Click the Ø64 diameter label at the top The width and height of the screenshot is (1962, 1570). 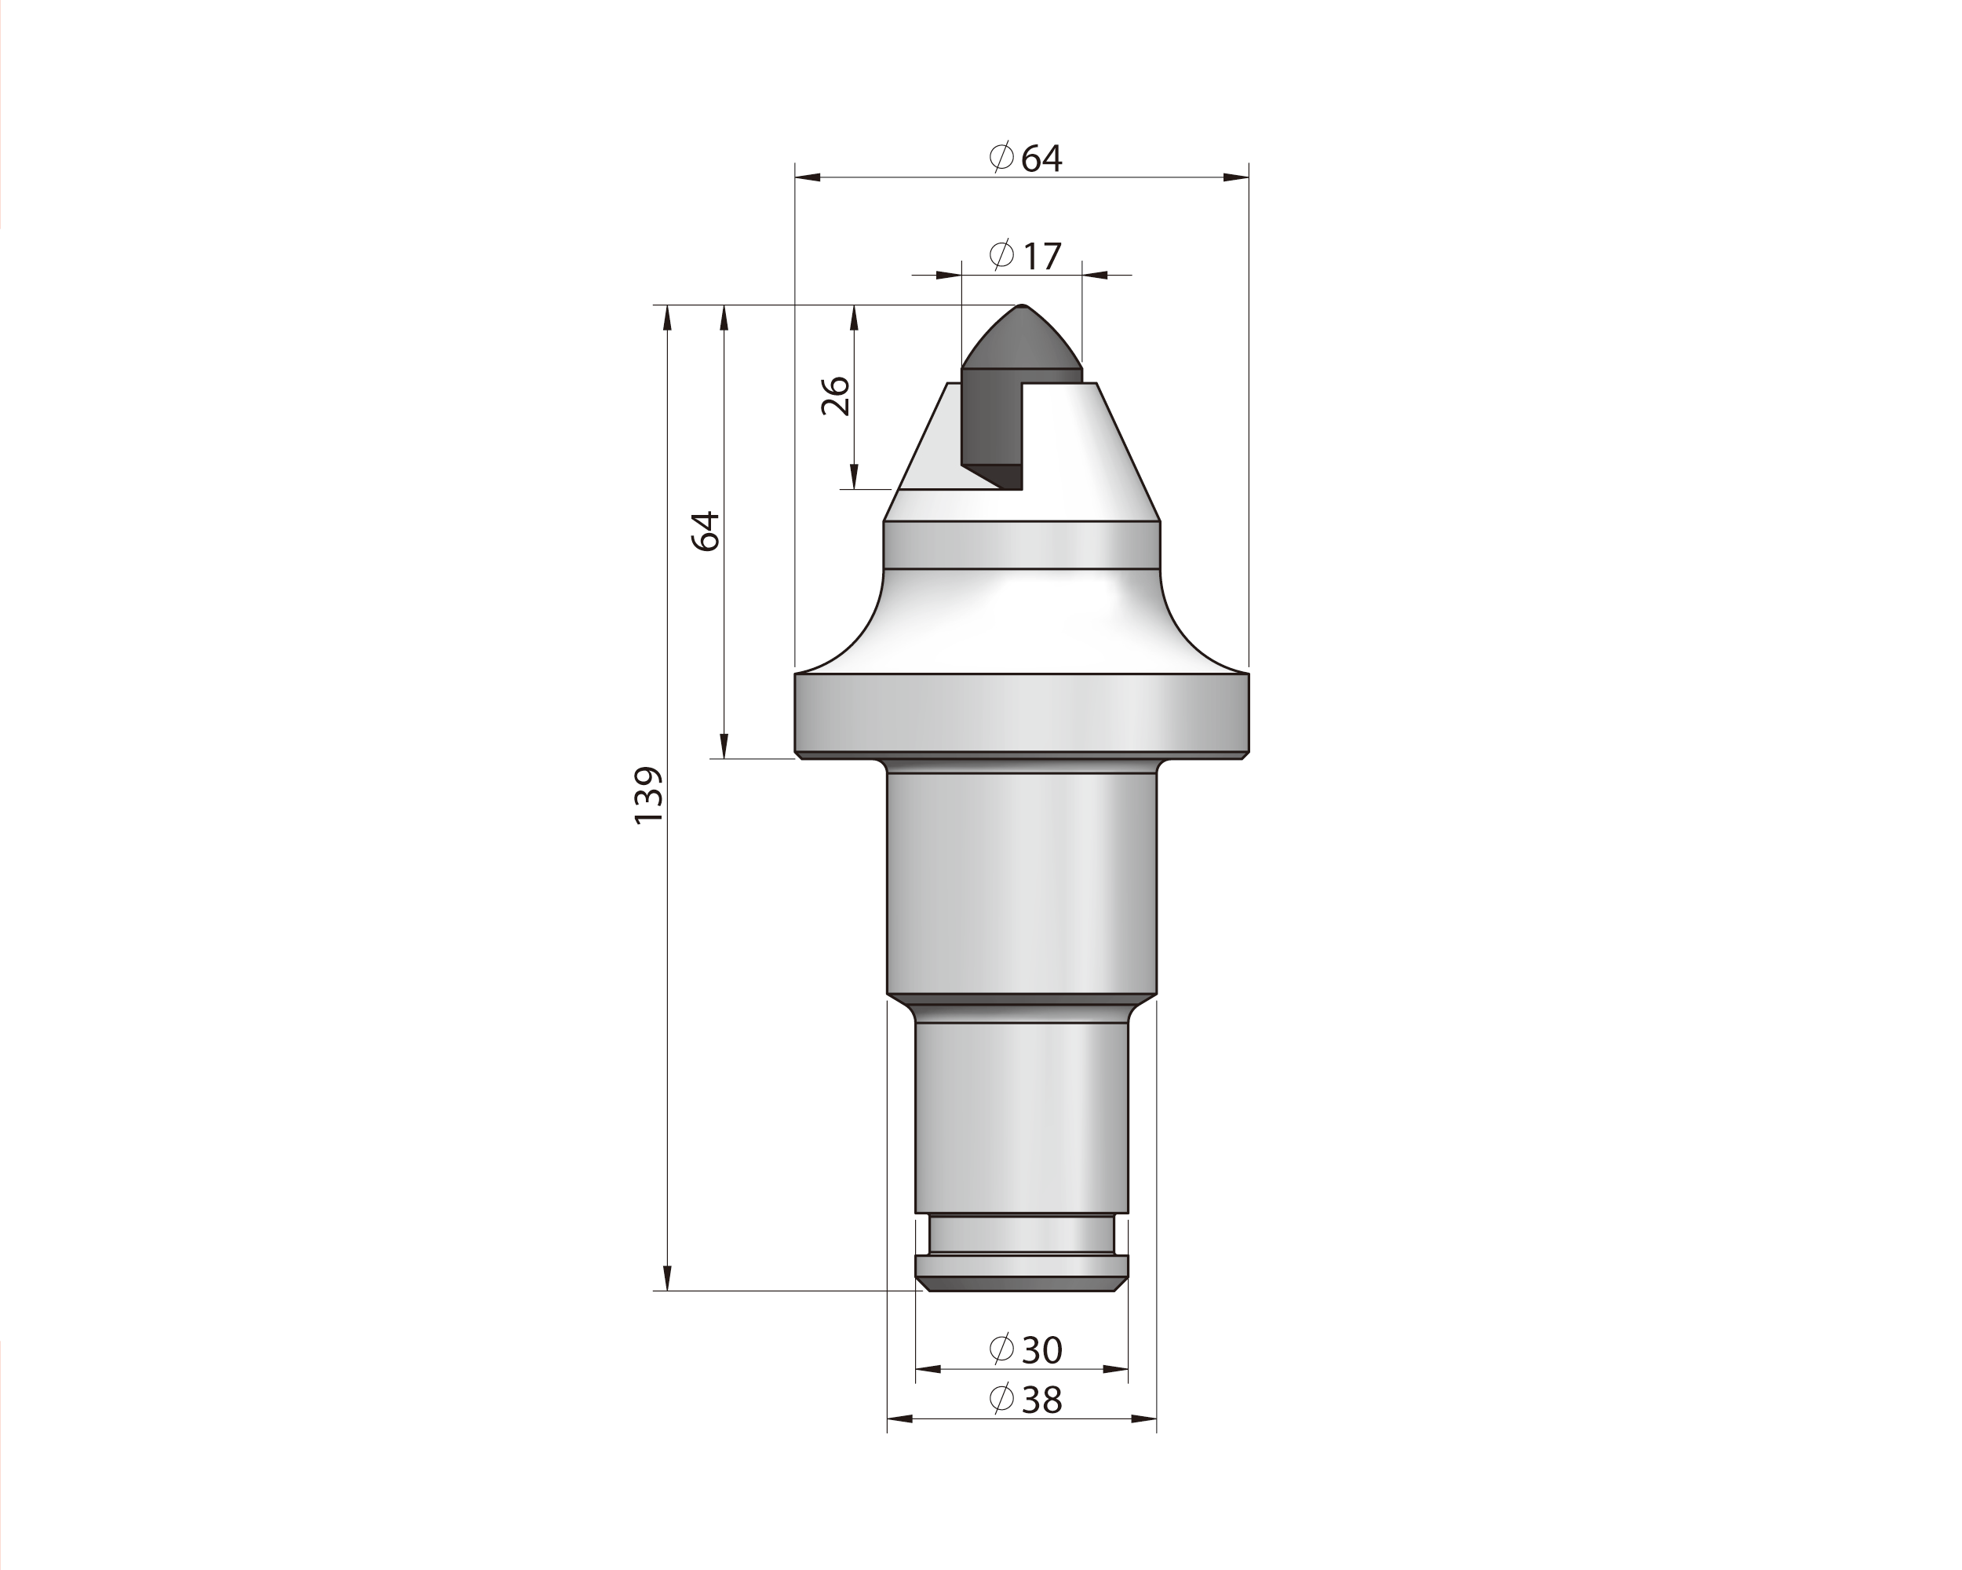tap(1026, 159)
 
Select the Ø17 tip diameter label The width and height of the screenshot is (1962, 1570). tap(1026, 256)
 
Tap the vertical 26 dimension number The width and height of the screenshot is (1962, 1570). tap(835, 396)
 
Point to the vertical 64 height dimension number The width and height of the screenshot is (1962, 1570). tap(706, 531)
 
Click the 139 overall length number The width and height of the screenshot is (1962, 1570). tap(649, 795)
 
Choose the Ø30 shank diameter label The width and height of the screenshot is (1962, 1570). tap(1026, 1349)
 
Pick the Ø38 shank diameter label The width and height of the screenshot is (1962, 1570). tap(1026, 1400)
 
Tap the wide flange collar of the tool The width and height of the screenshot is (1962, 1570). tap(1022, 714)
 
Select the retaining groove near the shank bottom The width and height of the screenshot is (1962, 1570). tap(1022, 1235)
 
